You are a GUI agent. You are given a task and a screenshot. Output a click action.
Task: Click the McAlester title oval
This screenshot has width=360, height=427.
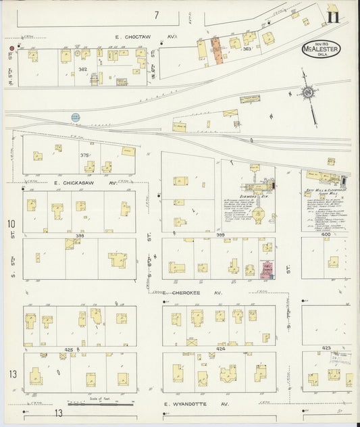click(321, 49)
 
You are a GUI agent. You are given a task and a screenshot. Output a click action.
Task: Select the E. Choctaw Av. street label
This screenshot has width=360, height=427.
click(145, 36)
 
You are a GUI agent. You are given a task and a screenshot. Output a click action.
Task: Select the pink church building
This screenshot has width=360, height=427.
click(267, 270)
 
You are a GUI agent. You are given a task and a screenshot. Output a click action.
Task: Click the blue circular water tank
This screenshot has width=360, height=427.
click(75, 118)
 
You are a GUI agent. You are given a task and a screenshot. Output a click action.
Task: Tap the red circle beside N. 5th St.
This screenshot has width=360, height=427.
click(11, 49)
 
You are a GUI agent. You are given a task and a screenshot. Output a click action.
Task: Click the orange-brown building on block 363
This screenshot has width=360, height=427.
click(217, 51)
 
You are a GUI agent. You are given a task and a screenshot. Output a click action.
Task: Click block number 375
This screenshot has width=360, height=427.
click(84, 155)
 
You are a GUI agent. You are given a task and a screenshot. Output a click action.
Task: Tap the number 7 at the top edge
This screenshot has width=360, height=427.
click(156, 15)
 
